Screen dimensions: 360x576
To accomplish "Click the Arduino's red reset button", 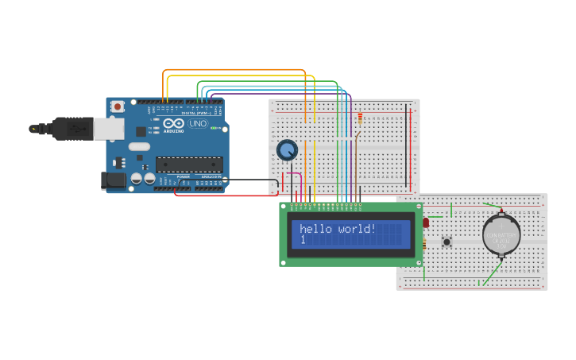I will [118, 106].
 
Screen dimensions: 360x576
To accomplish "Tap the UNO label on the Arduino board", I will [197, 124].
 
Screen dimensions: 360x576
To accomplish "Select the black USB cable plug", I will [72, 127].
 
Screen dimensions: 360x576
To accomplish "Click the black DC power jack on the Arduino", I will [114, 181].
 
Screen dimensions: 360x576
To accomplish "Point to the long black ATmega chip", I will [188, 165].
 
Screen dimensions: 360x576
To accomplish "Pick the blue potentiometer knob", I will [287, 149].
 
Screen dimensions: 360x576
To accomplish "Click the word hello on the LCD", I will [317, 229].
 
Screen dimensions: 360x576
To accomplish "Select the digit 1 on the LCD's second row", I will [303, 240].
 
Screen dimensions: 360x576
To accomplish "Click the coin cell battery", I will [501, 234].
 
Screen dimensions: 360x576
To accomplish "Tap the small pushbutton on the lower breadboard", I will [446, 241].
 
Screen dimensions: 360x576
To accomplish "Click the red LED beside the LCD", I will [425, 223].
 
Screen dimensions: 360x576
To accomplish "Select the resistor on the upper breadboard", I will [360, 119].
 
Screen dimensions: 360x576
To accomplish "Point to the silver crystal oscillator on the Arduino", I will [139, 146].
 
